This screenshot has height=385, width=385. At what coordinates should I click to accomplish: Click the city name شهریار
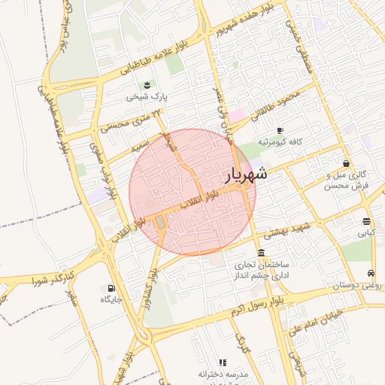point(246,176)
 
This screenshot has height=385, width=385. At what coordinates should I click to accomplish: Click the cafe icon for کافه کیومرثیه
point(280,130)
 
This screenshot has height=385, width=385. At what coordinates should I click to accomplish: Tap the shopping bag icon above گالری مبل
point(346,163)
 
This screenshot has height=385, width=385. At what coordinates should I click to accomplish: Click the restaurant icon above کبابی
point(366,221)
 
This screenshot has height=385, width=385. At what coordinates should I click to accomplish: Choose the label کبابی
point(365,233)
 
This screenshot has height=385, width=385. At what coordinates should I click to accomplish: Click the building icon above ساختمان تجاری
point(260,252)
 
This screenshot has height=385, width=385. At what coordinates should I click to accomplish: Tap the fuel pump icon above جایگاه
point(112,287)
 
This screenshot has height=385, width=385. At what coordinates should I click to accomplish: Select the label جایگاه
point(111,299)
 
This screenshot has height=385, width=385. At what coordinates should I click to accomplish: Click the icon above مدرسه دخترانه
point(222,362)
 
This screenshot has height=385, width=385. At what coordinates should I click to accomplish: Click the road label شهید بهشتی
point(283,230)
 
